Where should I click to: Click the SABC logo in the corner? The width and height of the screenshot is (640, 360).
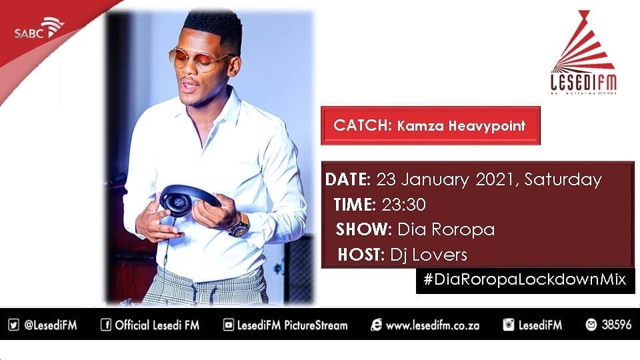click(x=39, y=29)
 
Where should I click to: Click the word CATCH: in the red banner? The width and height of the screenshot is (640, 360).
click(x=362, y=125)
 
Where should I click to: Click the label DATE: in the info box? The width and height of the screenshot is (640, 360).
click(x=348, y=179)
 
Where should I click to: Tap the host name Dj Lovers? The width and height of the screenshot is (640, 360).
click(x=428, y=254)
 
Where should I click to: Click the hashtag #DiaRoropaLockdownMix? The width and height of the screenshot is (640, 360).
click(x=525, y=279)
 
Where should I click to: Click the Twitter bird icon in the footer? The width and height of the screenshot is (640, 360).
click(x=14, y=325)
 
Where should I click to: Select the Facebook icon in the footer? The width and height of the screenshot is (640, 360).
click(x=105, y=325)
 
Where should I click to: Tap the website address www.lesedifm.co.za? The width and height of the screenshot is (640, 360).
click(x=433, y=325)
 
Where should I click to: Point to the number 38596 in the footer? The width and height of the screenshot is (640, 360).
click(x=616, y=325)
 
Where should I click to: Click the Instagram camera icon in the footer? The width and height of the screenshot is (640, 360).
click(x=509, y=325)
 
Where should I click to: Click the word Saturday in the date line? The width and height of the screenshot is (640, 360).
click(x=563, y=179)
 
